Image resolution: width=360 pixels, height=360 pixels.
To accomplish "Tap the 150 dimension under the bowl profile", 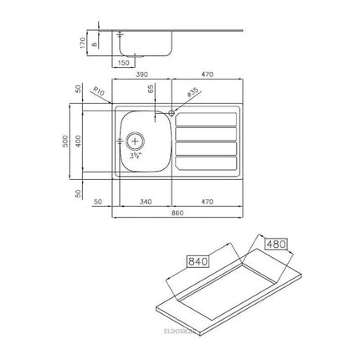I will (x=125, y=62).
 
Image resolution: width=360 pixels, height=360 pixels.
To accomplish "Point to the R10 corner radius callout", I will (x=99, y=94).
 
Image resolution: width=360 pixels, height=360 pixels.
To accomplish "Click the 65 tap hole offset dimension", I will (x=152, y=87).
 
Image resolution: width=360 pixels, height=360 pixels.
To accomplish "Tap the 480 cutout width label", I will (x=275, y=244).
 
